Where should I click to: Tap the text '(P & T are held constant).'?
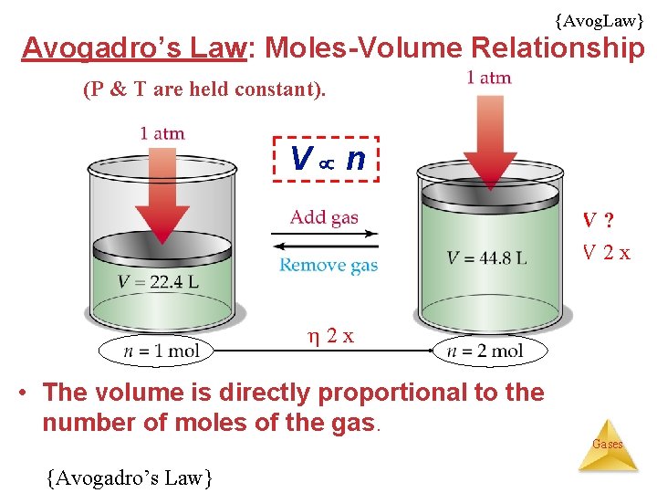click(x=204, y=89)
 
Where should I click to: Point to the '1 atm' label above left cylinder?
click(x=162, y=133)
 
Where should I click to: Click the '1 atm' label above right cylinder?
click(x=489, y=78)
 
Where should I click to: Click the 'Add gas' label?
click(x=324, y=217)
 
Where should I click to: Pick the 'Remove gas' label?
click(x=328, y=265)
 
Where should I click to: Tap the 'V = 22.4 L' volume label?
click(x=158, y=281)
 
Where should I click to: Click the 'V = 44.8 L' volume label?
click(x=486, y=257)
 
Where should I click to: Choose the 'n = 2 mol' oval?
click(x=491, y=351)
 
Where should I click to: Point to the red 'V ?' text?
click(x=598, y=221)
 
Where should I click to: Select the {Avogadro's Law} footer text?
click(x=129, y=476)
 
